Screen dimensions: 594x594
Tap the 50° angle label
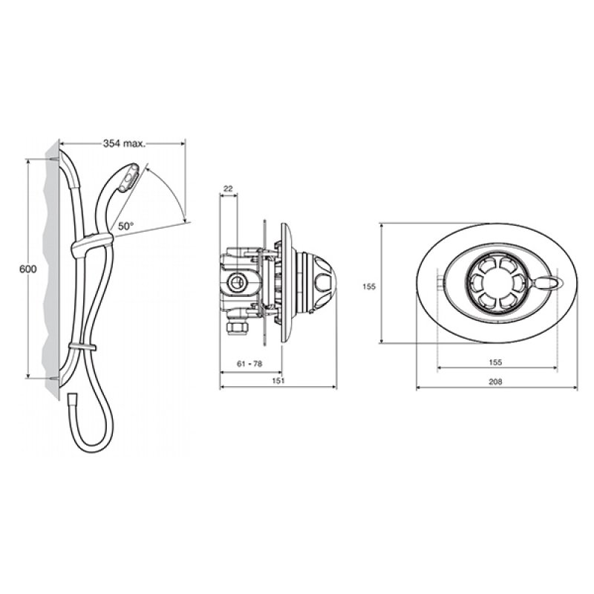(125, 226)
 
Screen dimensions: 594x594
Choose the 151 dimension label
(278, 381)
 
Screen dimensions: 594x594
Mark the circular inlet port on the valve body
(240, 281)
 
